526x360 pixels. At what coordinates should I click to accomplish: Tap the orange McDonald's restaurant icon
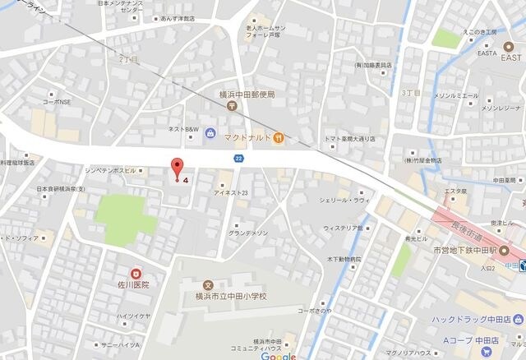(279, 136)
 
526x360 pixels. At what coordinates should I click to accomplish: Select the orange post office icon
(233, 106)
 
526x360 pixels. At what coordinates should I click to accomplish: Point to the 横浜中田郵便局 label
(247, 95)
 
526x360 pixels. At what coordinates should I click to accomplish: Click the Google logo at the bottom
(279, 356)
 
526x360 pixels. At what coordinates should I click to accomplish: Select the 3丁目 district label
(411, 94)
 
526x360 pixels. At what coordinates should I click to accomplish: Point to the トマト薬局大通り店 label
(350, 139)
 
